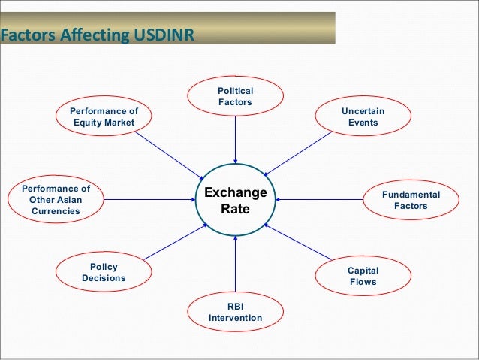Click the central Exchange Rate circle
click(x=235, y=199)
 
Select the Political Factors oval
click(x=235, y=96)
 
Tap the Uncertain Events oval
click(x=363, y=116)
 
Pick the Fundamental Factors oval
click(x=411, y=200)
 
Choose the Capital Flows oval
click(x=363, y=277)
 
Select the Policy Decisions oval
click(x=104, y=272)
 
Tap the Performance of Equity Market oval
click(x=102, y=116)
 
